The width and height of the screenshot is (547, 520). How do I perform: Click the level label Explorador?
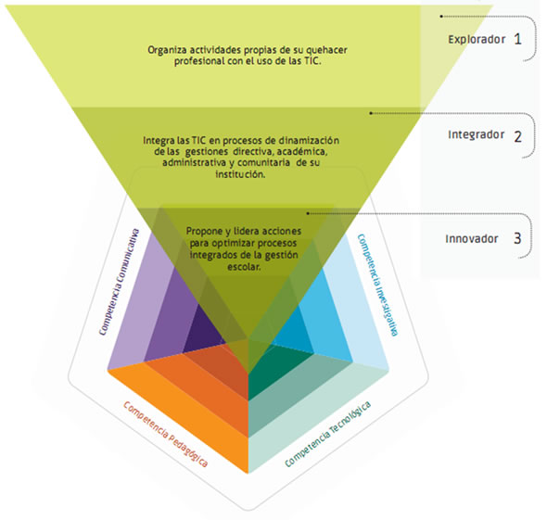click(477, 40)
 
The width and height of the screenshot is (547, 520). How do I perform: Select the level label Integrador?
click(477, 134)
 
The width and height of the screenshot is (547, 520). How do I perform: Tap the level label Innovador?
click(472, 239)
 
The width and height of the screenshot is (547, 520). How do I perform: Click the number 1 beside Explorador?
click(517, 39)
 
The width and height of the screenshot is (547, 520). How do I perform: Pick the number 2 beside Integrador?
click(517, 136)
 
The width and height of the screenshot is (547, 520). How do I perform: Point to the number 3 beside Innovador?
click(517, 238)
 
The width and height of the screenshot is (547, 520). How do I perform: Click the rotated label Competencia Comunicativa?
click(119, 282)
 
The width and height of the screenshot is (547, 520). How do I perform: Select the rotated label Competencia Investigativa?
click(377, 285)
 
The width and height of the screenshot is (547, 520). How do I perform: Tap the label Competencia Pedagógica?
click(166, 434)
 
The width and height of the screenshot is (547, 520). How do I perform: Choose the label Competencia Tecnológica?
click(327, 434)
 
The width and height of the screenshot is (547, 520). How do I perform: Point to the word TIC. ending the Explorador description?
click(312, 61)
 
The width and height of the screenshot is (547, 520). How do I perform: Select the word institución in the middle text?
click(240, 174)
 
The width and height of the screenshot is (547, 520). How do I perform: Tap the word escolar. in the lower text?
click(244, 267)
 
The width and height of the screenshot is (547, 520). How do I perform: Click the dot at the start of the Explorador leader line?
click(441, 17)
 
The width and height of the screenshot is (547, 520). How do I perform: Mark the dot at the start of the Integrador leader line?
click(371, 113)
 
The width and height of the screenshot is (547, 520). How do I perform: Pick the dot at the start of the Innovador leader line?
click(308, 213)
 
